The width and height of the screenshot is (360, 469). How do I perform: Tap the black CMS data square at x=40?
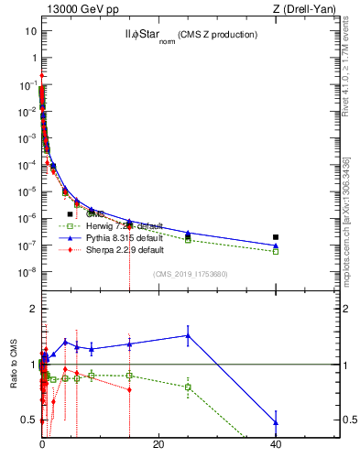point(276,237)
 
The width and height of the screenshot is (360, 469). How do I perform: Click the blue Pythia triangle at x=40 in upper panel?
point(276,245)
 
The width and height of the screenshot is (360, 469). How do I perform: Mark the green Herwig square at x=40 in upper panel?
point(276,251)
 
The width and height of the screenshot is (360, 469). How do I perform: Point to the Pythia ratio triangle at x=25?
point(188,335)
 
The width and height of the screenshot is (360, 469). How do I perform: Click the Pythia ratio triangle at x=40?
point(276,422)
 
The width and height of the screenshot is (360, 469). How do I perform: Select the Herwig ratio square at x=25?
point(188,387)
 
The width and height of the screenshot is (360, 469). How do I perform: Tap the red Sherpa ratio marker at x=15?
point(129,389)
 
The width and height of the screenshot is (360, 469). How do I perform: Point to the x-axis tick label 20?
point(158,444)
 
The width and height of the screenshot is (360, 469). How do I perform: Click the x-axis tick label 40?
point(276,444)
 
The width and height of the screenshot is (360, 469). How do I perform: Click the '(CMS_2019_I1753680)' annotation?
point(189,273)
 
